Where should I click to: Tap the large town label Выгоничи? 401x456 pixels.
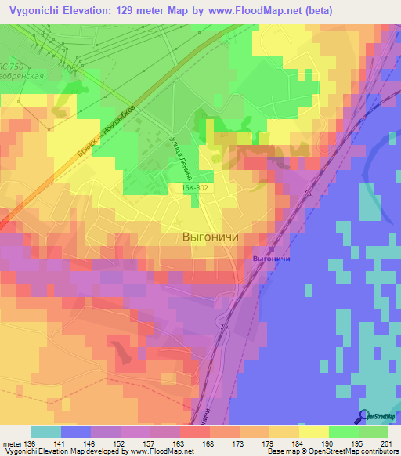209,236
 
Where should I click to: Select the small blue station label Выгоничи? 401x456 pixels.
272,259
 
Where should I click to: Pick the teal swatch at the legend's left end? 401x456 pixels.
45,432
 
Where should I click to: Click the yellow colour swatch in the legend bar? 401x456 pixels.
313,432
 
